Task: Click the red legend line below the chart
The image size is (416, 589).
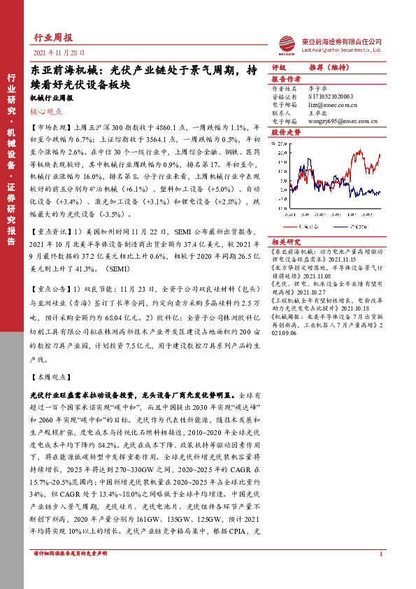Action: (293, 226)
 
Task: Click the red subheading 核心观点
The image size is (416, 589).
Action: (46, 111)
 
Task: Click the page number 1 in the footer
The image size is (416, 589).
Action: (380, 555)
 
